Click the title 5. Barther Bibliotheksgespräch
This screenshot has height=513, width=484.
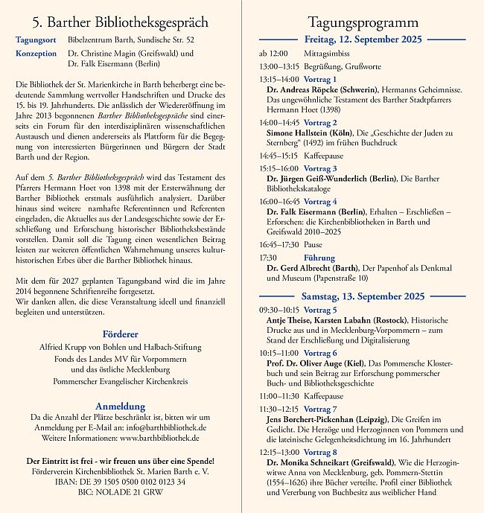(x=120, y=22)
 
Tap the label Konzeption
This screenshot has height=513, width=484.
(x=35, y=54)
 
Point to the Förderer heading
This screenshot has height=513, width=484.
(x=120, y=334)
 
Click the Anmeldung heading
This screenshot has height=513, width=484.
(x=120, y=406)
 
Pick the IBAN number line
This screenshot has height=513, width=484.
(x=120, y=482)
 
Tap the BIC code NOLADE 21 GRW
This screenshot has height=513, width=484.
(x=120, y=492)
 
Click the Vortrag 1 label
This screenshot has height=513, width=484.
(x=320, y=79)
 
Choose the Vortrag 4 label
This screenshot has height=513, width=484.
(x=320, y=201)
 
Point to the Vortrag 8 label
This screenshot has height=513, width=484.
(x=320, y=451)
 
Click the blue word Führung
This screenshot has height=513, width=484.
(x=319, y=257)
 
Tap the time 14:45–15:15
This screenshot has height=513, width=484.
(x=278, y=156)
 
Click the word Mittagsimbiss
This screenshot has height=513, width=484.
(x=326, y=54)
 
